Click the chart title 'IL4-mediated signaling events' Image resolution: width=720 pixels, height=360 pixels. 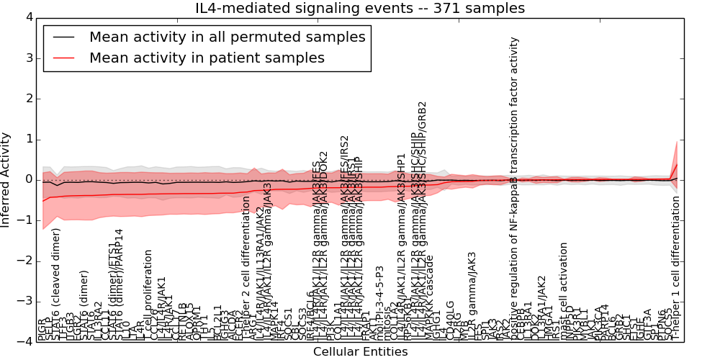coord(360,9)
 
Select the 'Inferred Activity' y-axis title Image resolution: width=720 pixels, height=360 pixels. coord(6,179)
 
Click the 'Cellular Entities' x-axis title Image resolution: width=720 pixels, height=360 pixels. coord(360,352)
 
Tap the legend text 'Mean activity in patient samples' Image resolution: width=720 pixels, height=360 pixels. coord(207,58)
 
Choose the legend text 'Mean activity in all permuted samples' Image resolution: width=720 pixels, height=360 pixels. coord(227,37)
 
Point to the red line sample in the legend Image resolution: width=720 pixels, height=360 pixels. coord(63,58)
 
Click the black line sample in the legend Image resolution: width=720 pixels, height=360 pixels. coord(63,37)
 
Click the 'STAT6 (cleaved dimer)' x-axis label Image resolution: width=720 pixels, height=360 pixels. coord(56,284)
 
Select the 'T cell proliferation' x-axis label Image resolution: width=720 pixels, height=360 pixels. coord(148,295)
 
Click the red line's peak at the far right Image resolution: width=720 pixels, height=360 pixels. coord(676,163)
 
